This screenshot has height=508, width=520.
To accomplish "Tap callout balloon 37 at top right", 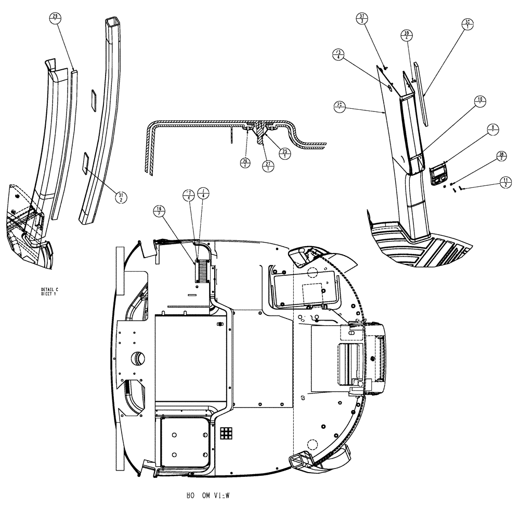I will [361, 19].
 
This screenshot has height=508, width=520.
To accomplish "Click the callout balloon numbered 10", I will [479, 100].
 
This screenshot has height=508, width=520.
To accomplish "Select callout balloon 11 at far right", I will [504, 182].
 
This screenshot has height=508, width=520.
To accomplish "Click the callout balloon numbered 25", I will [285, 153].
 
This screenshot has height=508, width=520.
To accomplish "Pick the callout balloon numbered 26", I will [244, 163].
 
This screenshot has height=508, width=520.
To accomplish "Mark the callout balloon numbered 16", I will [159, 210].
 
